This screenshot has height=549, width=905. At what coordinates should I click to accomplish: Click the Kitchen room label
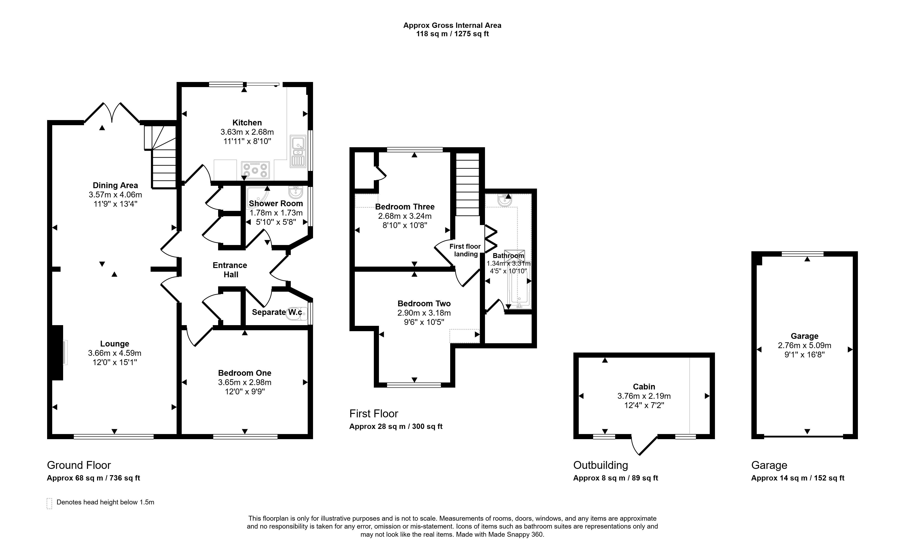click(x=247, y=123)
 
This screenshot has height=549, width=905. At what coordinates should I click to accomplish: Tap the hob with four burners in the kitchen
click(x=255, y=170)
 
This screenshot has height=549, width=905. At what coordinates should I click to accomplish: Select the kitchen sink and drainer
click(x=298, y=151)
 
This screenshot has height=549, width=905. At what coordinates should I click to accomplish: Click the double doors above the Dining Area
click(x=112, y=112)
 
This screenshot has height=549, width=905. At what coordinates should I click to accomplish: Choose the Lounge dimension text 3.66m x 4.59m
click(x=115, y=353)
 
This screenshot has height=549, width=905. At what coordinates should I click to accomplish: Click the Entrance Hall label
click(x=230, y=270)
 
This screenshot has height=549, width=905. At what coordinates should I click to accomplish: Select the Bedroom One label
click(x=245, y=373)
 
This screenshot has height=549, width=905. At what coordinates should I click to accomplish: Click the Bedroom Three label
click(x=405, y=207)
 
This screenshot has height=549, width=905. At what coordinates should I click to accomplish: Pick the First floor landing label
click(x=465, y=250)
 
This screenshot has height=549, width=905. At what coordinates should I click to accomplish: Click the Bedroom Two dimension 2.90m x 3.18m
click(x=424, y=313)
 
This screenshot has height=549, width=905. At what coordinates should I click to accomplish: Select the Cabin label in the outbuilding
click(x=644, y=387)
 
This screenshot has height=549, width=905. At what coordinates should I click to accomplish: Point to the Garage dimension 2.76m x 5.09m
click(x=804, y=345)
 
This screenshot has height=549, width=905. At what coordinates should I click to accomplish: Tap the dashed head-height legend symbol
click(x=49, y=503)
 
